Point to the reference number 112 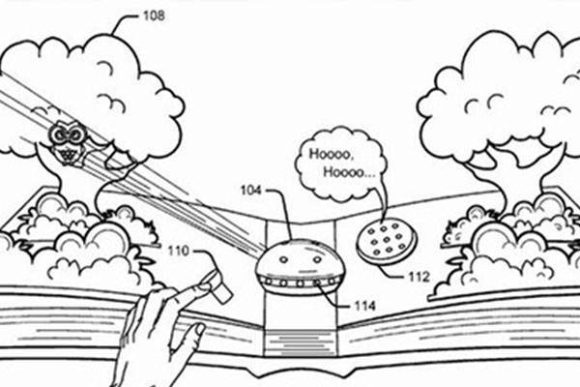click(418, 277)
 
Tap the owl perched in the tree click(66, 142)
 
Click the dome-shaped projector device click(300, 266)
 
